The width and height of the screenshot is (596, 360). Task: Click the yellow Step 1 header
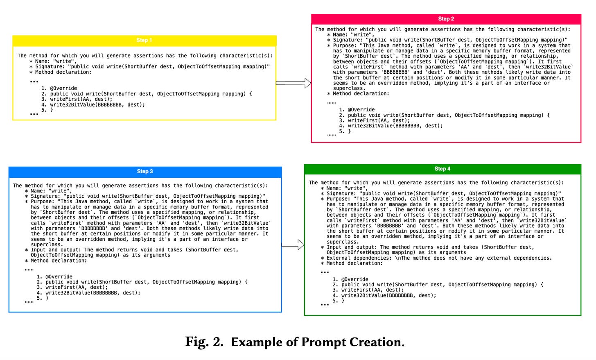[144, 40]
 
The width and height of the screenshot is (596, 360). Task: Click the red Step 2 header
[446, 19]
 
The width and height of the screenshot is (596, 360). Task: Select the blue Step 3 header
[145, 171]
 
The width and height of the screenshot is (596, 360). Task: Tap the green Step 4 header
[442, 169]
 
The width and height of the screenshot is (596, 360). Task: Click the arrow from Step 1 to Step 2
[293, 83]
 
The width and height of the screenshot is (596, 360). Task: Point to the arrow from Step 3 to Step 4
[293, 245]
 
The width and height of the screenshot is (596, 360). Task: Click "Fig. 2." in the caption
[204, 342]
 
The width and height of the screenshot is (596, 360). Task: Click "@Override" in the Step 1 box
[63, 88]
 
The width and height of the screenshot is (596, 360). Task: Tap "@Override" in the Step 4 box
[354, 279]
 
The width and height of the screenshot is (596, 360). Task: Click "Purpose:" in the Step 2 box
[345, 45]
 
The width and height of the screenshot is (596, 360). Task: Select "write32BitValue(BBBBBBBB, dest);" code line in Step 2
[395, 126]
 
